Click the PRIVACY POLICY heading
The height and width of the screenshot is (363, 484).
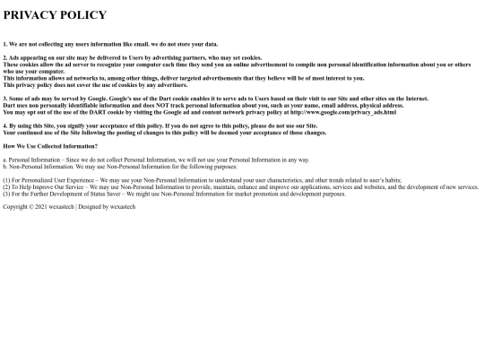[55, 15]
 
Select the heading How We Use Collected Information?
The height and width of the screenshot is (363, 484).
[50, 146]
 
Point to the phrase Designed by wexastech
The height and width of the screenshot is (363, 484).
[110, 206]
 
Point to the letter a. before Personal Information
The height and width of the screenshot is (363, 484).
[5, 160]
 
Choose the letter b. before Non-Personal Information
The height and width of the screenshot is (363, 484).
[5, 166]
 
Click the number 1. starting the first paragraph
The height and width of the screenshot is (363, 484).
[5, 44]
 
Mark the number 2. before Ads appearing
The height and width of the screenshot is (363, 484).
[5, 57]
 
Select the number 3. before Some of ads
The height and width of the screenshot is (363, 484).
[5, 99]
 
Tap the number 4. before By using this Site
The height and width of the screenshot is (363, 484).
[5, 126]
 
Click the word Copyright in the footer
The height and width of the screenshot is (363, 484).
[17, 206]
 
